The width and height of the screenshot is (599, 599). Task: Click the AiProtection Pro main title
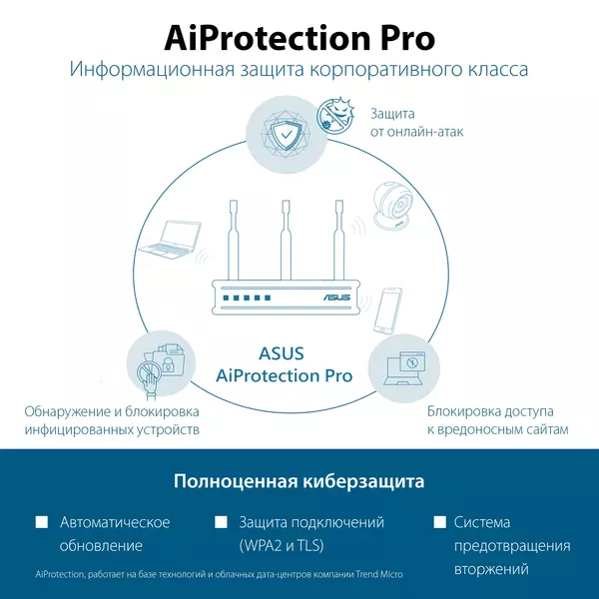[299, 38]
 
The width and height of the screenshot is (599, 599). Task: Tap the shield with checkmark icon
[286, 135]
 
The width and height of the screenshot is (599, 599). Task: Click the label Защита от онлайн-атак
[416, 123]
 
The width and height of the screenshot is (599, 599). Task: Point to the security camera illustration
[392, 207]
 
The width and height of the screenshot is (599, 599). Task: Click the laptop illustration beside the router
[170, 240]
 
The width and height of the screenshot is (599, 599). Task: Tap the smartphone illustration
[388, 310]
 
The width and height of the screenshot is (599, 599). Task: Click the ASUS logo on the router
[337, 298]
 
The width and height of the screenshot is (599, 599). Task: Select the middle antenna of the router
[286, 240]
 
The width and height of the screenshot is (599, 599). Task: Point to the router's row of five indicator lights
[248, 298]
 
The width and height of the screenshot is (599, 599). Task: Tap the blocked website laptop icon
[405, 368]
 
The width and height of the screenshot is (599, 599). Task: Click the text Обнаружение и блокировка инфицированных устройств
[112, 420]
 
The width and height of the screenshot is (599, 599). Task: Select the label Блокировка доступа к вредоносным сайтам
[498, 420]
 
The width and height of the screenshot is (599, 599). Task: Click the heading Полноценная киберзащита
[299, 481]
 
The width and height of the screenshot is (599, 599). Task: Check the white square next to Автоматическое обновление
[42, 522]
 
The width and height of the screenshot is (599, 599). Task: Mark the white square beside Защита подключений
[221, 522]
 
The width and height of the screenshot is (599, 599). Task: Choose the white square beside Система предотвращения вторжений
[439, 522]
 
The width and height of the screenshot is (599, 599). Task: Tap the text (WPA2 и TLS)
[282, 545]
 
